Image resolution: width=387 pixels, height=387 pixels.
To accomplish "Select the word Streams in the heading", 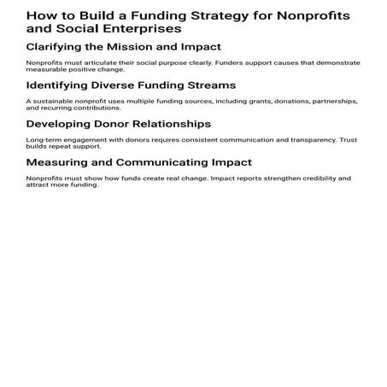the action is point(209,85).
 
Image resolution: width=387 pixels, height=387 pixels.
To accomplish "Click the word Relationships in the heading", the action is point(170,124).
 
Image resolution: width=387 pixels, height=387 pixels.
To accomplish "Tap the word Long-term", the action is point(42,140).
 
